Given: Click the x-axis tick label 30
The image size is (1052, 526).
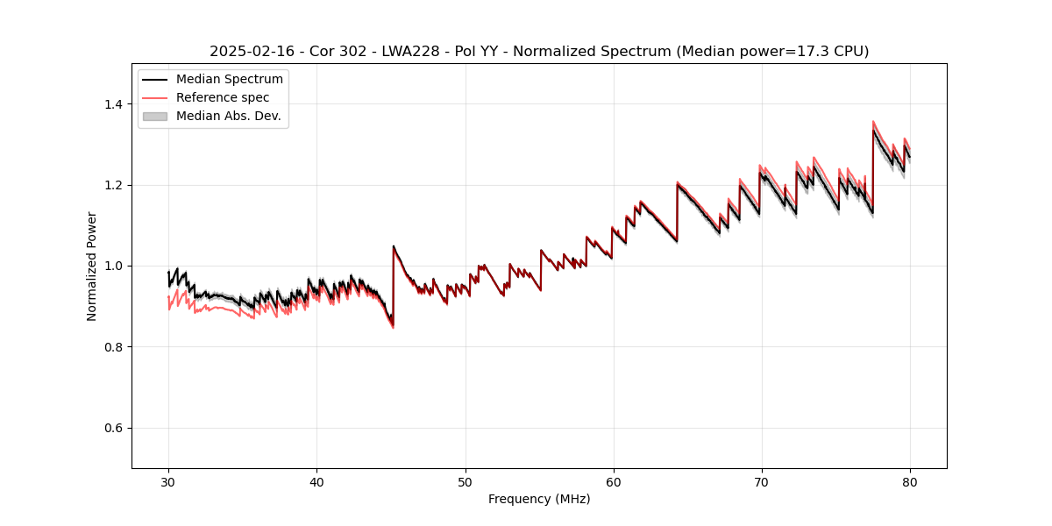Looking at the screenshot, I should click(168, 481).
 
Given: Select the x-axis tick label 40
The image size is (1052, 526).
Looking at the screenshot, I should click(316, 481).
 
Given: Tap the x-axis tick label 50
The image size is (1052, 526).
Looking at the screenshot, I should click(465, 481).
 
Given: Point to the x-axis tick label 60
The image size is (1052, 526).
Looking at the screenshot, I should click(614, 481).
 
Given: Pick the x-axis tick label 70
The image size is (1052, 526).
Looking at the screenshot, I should click(762, 481).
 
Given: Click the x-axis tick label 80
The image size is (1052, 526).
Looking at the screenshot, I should click(910, 481).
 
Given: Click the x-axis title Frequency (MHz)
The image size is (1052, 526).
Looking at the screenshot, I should click(539, 499).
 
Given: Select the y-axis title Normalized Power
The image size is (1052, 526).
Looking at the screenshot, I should click(92, 266).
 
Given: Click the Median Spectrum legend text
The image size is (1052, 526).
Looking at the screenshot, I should click(230, 80).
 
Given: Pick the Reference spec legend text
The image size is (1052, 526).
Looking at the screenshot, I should click(223, 97).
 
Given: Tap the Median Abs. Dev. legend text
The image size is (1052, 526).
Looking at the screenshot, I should click(229, 116).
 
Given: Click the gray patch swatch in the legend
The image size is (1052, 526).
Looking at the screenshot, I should click(155, 116).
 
